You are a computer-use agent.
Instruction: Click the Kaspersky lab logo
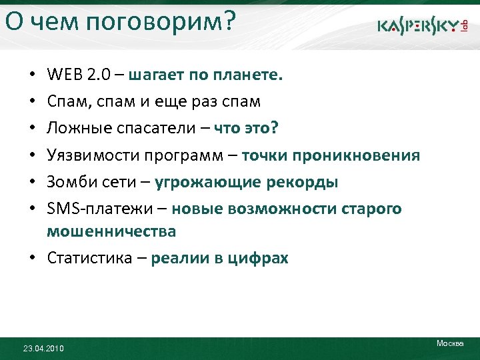tap(423, 26)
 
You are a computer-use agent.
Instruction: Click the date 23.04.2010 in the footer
tap(43, 348)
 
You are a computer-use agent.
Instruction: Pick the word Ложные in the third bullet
tap(75, 129)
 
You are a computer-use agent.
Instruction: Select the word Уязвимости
tap(89, 155)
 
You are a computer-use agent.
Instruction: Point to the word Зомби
tap(68, 182)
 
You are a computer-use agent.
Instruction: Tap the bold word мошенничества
tap(111, 231)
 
